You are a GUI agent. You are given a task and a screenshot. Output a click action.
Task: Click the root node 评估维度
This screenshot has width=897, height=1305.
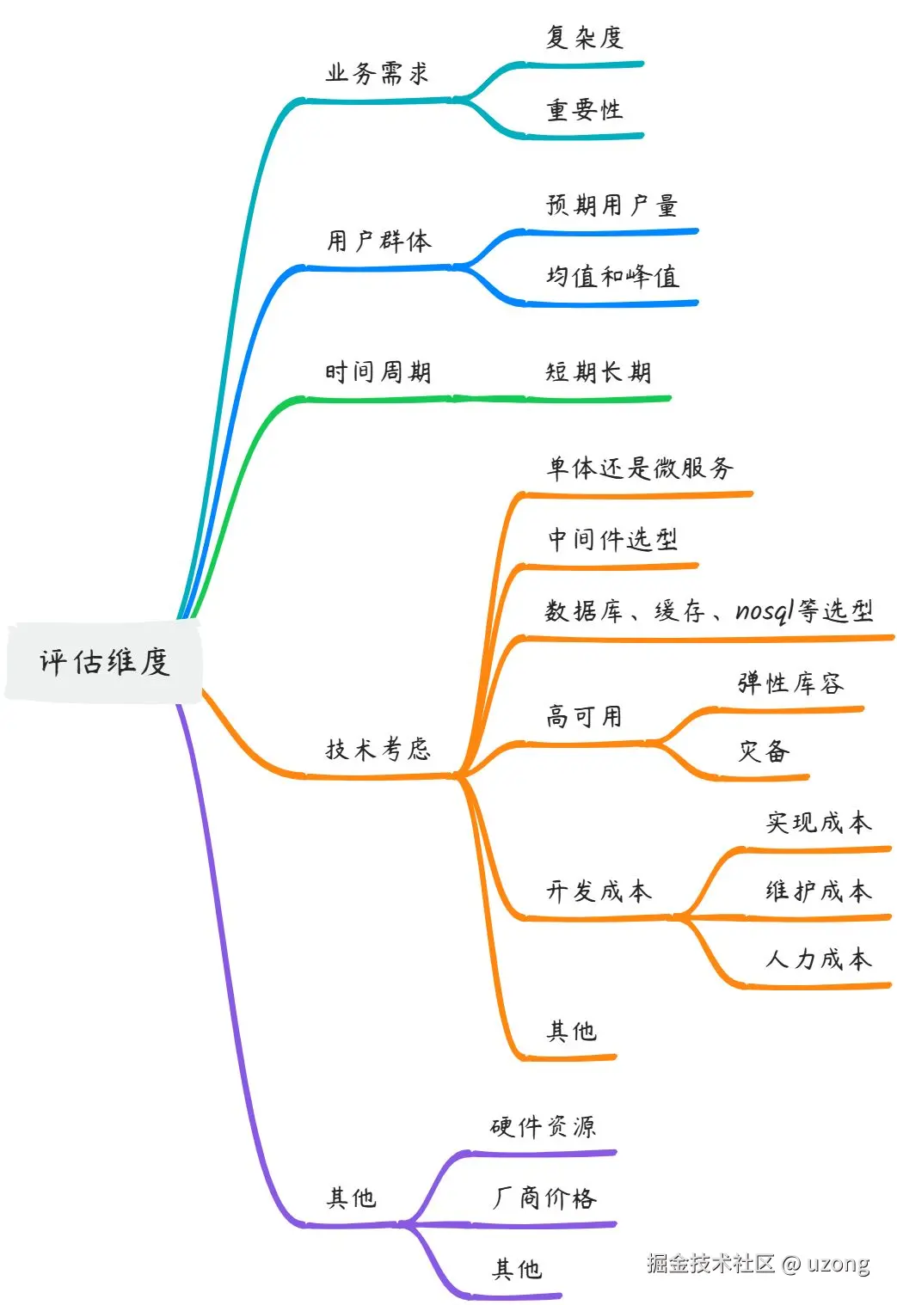click(x=104, y=661)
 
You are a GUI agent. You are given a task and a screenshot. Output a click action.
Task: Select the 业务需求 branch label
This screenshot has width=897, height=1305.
click(x=377, y=73)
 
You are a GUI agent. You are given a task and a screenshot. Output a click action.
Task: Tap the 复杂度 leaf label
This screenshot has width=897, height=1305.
click(x=584, y=37)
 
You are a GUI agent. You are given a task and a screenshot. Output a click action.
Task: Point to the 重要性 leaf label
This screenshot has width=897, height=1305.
click(x=584, y=110)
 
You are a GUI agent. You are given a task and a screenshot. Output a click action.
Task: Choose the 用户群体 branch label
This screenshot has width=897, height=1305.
click(x=378, y=241)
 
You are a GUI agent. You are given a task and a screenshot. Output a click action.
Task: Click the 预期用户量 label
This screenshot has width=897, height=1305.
click(x=611, y=205)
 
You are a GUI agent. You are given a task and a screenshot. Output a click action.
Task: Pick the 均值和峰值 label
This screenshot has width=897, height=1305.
click(x=612, y=277)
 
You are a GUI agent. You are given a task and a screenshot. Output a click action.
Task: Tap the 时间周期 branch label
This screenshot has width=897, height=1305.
click(x=378, y=372)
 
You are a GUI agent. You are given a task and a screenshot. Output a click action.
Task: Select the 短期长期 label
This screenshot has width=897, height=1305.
click(x=599, y=372)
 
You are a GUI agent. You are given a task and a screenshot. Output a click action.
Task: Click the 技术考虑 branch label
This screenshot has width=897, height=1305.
click(x=378, y=749)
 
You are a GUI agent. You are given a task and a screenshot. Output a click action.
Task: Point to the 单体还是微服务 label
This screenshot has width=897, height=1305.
click(x=640, y=468)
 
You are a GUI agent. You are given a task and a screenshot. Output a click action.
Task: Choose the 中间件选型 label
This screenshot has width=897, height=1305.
click(x=612, y=540)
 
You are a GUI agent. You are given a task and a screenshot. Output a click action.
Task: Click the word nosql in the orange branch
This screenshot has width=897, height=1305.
click(x=765, y=610)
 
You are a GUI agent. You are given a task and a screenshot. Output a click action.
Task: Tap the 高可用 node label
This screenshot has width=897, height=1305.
click(x=584, y=716)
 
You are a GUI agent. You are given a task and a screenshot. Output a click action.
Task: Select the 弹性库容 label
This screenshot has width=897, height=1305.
click(x=790, y=683)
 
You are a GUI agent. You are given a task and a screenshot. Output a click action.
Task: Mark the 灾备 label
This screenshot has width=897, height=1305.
click(x=764, y=751)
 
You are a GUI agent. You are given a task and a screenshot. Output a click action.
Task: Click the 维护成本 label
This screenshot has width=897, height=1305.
click(x=819, y=891)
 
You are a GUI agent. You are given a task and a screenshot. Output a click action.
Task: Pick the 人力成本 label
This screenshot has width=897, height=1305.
click(x=819, y=959)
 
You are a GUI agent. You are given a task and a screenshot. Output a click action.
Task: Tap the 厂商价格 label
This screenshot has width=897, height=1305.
click(x=544, y=1198)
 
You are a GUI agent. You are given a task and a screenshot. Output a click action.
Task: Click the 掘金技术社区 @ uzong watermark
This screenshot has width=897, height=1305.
click(x=758, y=1263)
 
